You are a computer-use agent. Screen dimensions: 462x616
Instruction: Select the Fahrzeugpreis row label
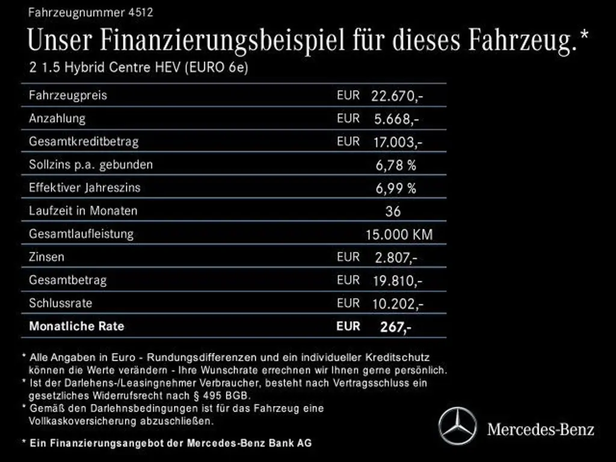click(x=68, y=95)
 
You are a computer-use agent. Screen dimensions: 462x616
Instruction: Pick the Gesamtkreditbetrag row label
click(x=84, y=142)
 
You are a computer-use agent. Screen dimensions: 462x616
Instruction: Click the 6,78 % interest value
click(x=396, y=165)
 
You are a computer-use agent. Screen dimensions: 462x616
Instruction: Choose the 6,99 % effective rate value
click(x=396, y=188)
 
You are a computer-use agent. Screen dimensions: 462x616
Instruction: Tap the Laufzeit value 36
click(x=393, y=211)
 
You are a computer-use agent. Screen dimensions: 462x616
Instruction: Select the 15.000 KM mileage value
click(x=399, y=235)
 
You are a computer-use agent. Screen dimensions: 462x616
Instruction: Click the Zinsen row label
click(x=46, y=257)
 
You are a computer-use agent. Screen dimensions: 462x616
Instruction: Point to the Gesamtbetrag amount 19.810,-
click(x=398, y=280)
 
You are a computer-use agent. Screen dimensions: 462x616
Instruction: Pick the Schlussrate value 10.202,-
click(x=398, y=304)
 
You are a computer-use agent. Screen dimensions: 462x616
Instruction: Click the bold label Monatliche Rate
click(x=76, y=327)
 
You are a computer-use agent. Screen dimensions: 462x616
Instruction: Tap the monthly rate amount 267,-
click(x=396, y=327)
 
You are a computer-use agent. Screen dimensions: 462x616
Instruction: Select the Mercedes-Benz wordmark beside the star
click(x=540, y=429)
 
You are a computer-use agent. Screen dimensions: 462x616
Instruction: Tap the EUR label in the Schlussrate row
click(x=348, y=303)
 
